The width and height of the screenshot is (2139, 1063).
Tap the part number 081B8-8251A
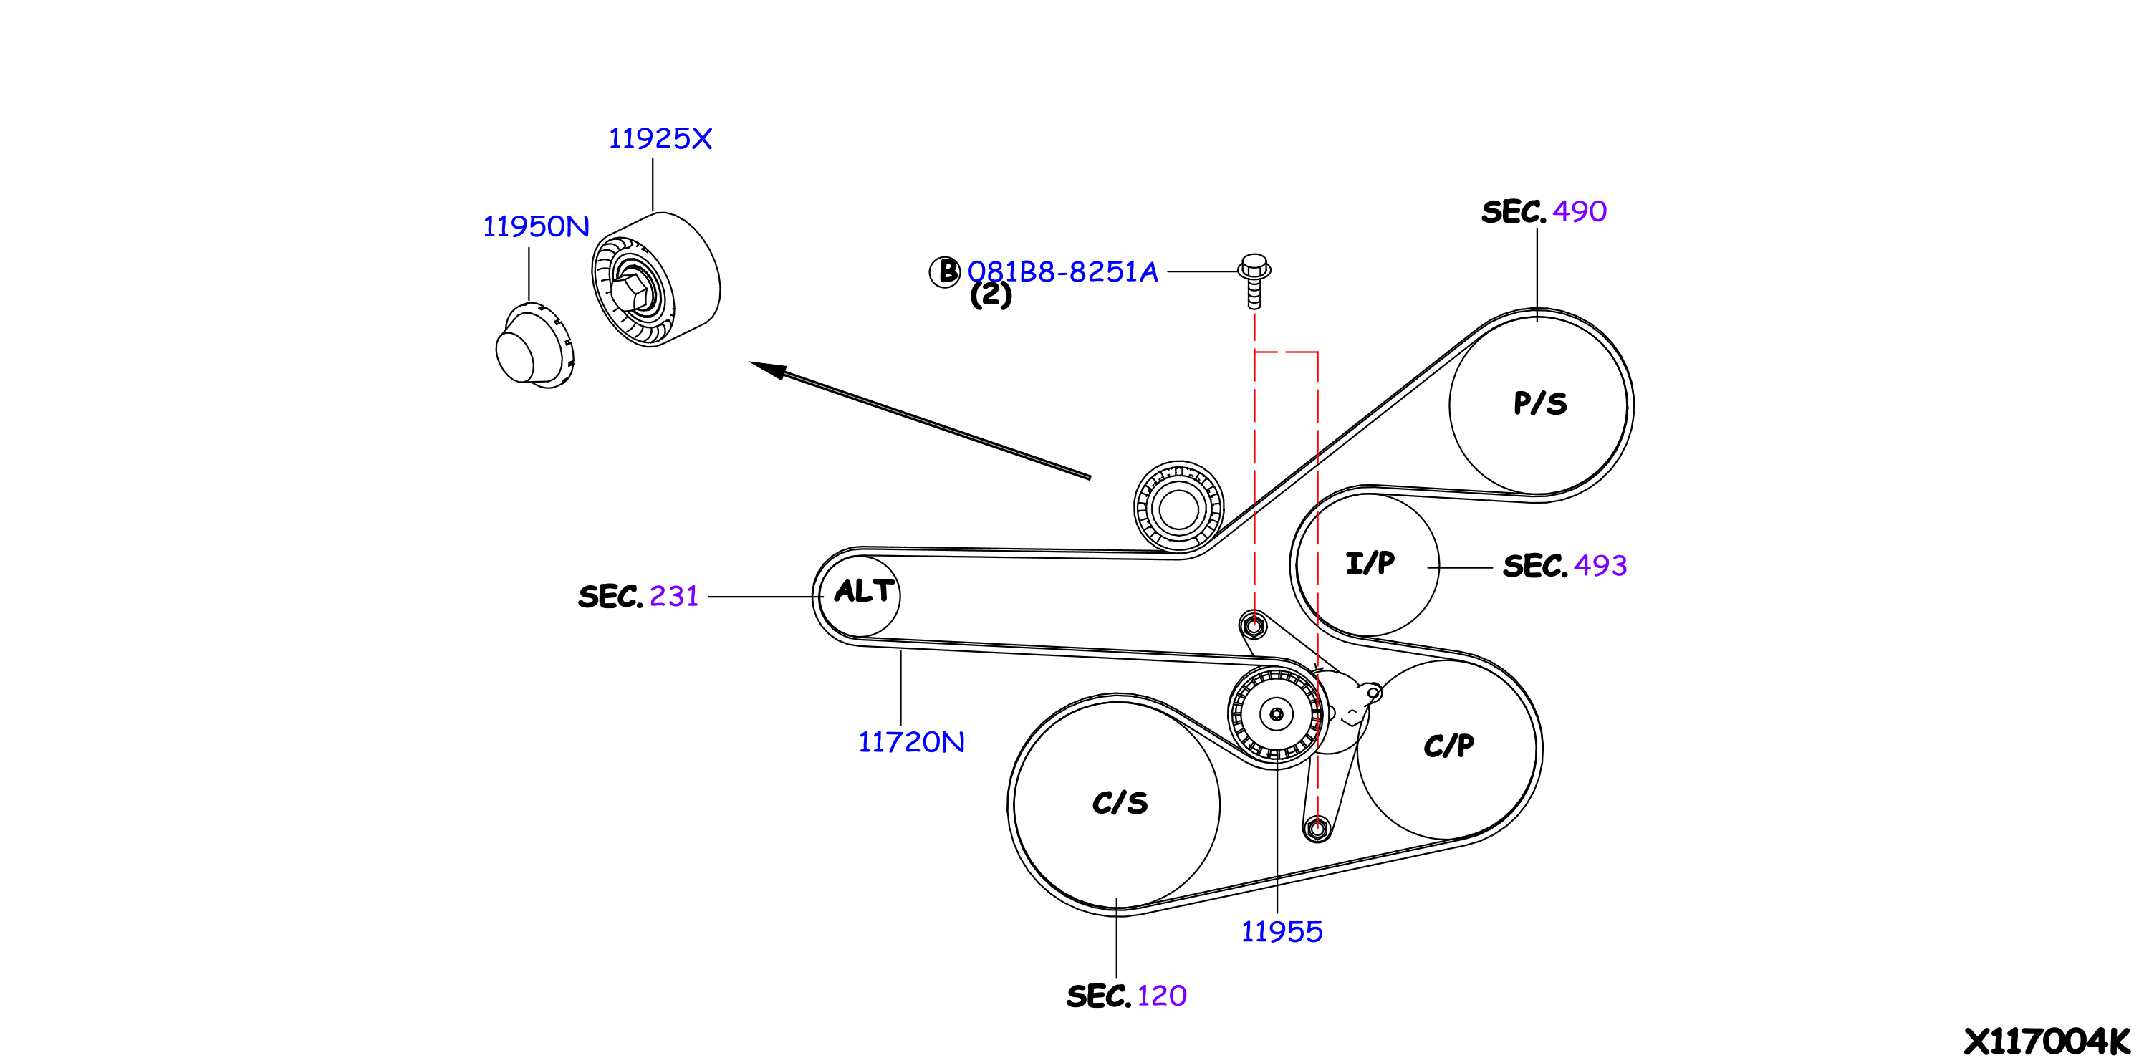[1062, 271]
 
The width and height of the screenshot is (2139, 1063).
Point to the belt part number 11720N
[911, 741]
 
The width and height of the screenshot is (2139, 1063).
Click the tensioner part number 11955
[1282, 931]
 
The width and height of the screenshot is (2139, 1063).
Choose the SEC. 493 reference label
[1564, 566]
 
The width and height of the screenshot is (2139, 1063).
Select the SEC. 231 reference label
[638, 596]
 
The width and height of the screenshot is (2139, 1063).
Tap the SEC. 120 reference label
[1126, 995]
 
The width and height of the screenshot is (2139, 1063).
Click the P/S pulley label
[1540, 403]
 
